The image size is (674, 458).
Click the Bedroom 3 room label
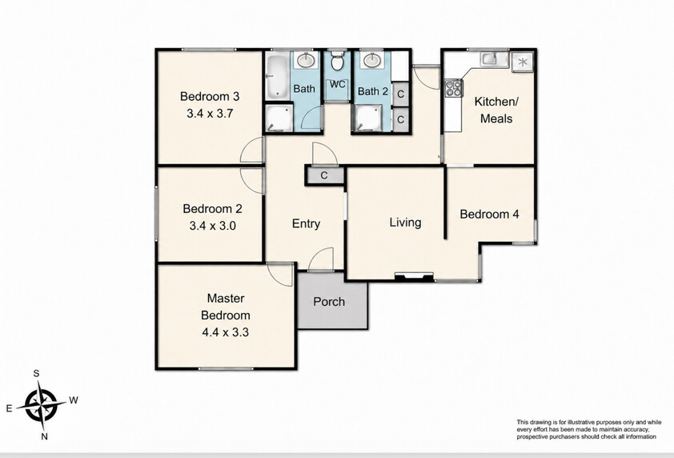(x=210, y=96)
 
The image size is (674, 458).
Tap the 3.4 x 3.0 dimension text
(x=212, y=226)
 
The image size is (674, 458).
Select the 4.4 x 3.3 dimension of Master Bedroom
(x=225, y=332)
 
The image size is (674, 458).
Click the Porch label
(x=329, y=302)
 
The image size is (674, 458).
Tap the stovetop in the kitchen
(x=453, y=89)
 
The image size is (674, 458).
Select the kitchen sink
(x=489, y=58)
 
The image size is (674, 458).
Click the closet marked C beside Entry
(x=324, y=175)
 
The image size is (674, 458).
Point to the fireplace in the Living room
(x=414, y=277)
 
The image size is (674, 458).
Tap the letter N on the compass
(x=44, y=437)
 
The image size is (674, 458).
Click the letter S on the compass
(x=37, y=373)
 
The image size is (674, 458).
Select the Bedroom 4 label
(x=490, y=214)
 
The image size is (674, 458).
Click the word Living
(x=405, y=223)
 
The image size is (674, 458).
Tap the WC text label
(x=338, y=84)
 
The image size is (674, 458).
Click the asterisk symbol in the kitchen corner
(x=523, y=62)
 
